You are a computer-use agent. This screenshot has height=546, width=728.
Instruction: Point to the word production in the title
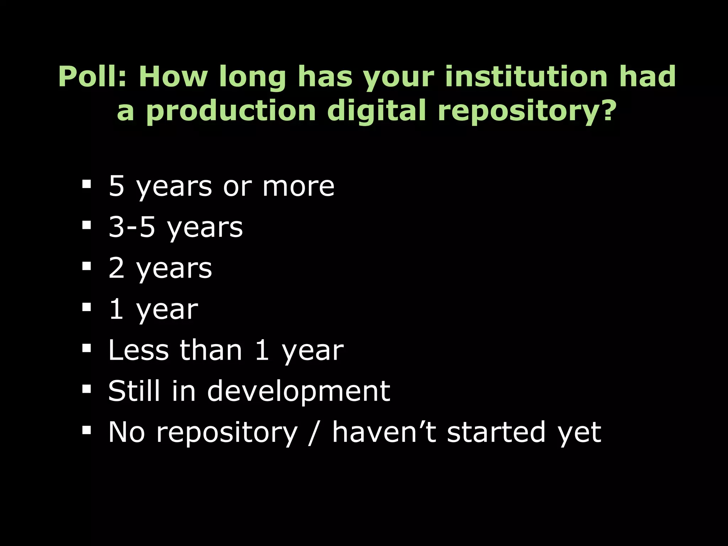231,111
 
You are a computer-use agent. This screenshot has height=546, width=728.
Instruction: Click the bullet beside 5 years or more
86,184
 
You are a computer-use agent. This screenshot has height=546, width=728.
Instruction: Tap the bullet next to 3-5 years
86,225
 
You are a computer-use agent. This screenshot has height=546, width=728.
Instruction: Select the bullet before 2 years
86,266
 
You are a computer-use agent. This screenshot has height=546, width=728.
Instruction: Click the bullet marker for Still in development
86,389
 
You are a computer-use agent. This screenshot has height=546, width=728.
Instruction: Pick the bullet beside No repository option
86,430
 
